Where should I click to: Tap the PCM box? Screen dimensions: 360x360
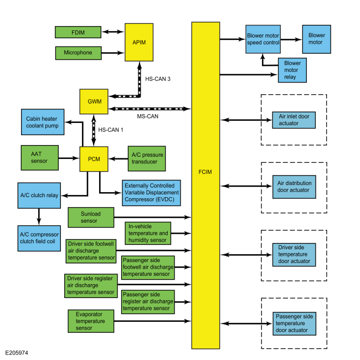pos(93,158)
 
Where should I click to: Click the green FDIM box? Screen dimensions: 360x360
pos(78,32)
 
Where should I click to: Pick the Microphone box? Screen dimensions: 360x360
pos(78,53)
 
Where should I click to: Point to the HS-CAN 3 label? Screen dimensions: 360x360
pos(157,79)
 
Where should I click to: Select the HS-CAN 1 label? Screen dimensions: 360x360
pos(110,130)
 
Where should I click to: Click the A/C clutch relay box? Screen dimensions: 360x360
pos(39,195)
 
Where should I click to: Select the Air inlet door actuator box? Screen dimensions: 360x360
pos(294,120)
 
